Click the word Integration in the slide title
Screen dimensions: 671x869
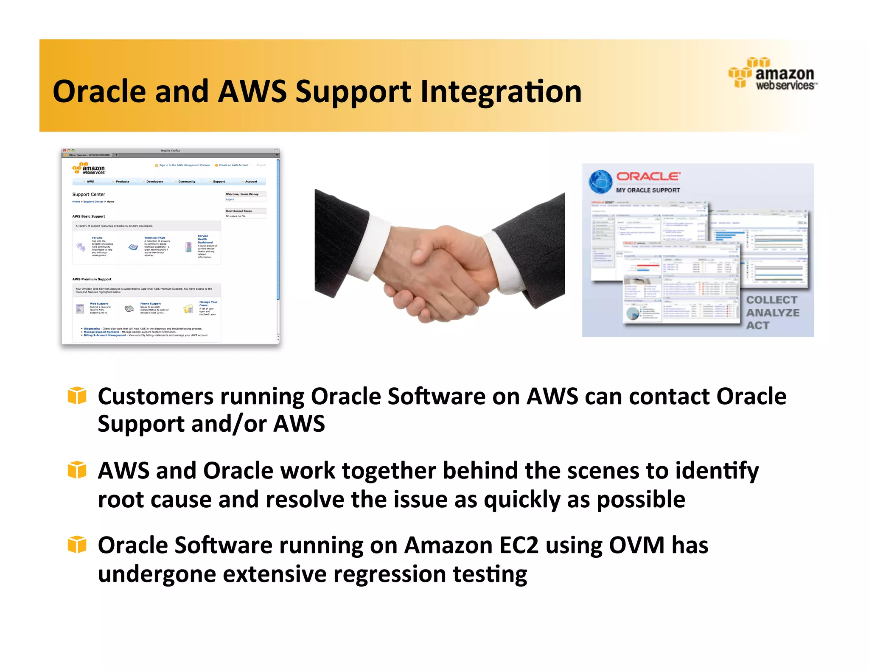click(x=501, y=92)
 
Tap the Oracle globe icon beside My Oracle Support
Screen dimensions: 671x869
click(x=600, y=182)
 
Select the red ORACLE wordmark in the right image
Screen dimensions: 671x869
click(x=648, y=176)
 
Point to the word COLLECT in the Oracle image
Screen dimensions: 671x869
click(x=771, y=300)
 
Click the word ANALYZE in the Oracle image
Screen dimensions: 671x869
click(x=773, y=313)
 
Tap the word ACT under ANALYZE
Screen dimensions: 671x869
click(x=757, y=325)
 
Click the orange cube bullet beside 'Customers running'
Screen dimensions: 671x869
click(x=77, y=396)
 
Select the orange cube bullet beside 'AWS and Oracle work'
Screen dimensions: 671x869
click(x=77, y=470)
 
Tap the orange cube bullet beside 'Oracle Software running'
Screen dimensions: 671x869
click(x=77, y=545)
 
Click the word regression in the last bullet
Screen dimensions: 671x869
click(x=389, y=574)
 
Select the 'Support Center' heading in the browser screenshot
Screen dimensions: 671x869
click(x=89, y=194)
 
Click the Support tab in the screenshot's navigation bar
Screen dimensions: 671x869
click(x=219, y=182)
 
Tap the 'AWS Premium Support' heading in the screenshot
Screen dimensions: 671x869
click(x=92, y=279)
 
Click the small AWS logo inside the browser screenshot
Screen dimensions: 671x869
click(x=89, y=168)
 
